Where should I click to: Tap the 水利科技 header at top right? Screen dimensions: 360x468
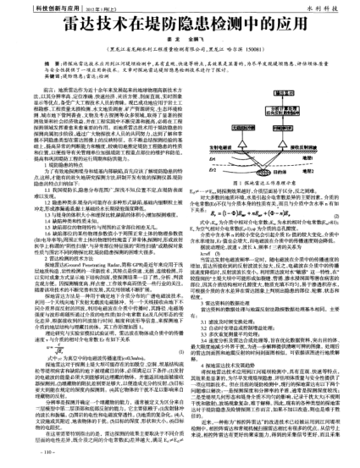(332, 8)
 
